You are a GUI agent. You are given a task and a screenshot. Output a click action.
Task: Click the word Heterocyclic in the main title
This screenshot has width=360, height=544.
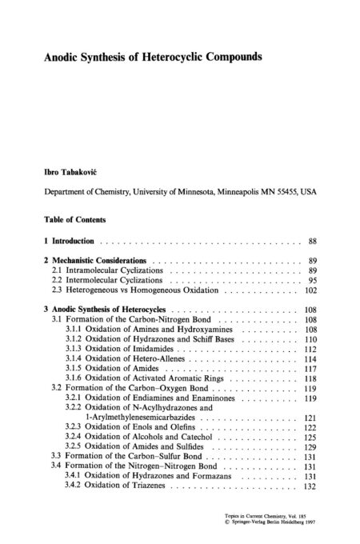pyautogui.click(x=174, y=58)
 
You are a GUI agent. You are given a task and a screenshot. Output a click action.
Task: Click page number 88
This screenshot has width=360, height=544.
pyautogui.click(x=313, y=240)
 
